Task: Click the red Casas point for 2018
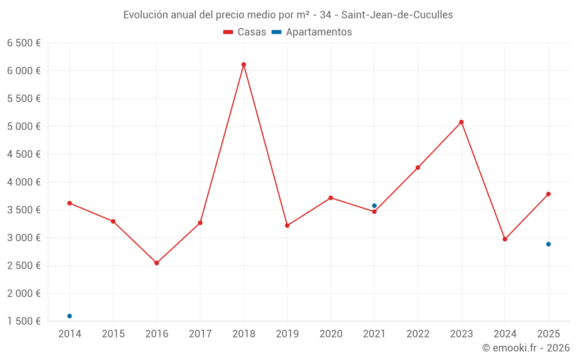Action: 244,65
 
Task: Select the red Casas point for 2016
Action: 157,263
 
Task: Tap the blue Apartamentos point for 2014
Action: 70,316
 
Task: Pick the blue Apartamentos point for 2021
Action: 374,206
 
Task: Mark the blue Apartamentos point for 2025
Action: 548,244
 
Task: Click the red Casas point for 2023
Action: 461,122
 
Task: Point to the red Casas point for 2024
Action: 505,239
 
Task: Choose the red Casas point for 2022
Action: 418,168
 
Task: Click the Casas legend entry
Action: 245,32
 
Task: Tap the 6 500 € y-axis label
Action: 24,43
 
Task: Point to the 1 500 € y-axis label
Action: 24,321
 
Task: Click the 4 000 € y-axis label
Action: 24,182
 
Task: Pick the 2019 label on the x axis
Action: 287,334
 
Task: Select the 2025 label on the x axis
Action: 548,334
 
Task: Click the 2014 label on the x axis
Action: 70,334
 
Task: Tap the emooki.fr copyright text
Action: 525,348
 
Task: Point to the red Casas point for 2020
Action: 331,198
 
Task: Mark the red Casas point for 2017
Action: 200,222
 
